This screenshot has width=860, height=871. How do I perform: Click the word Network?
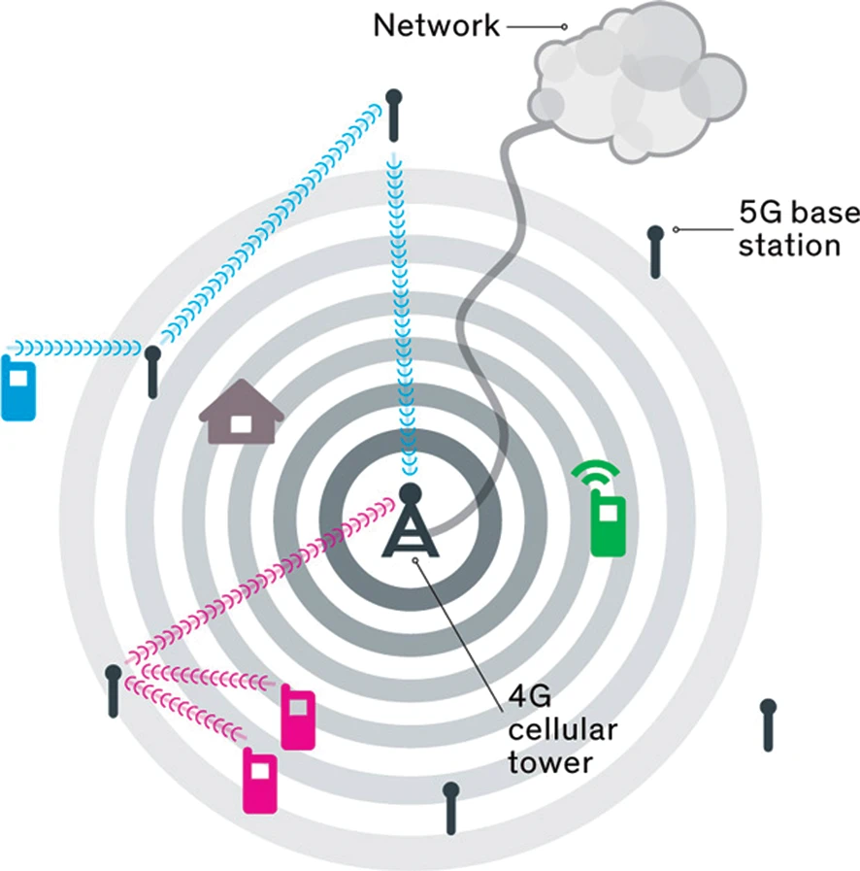click(436, 26)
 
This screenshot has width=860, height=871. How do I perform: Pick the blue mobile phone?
click(18, 387)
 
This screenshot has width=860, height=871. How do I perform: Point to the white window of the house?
click(239, 423)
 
